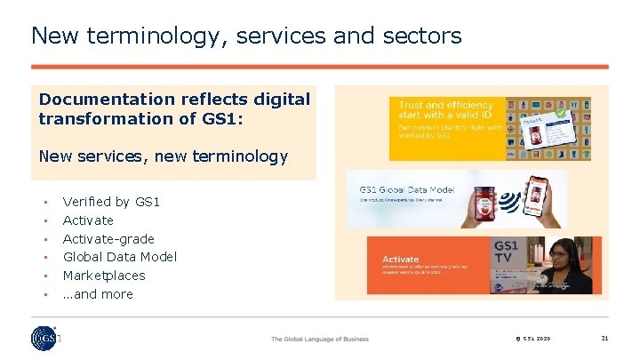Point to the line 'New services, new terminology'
[x=164, y=156]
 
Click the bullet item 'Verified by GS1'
[x=111, y=202]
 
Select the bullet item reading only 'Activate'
[x=88, y=220]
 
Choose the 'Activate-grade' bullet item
[x=108, y=239]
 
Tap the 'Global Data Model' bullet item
[x=120, y=257]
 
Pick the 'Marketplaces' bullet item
[x=104, y=276]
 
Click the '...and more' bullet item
[x=98, y=294]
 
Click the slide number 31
[x=604, y=338]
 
